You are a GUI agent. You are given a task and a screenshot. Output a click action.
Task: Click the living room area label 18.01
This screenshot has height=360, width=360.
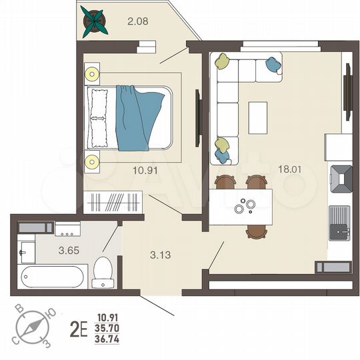[291, 170]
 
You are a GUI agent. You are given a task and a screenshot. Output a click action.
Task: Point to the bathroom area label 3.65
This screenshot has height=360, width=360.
[49, 251]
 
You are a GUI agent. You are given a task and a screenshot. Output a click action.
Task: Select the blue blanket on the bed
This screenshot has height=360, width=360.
[138, 117]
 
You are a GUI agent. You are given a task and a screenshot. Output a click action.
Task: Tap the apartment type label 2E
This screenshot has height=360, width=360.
[79, 329]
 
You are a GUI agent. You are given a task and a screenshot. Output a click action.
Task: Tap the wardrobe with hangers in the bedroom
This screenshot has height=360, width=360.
[113, 201]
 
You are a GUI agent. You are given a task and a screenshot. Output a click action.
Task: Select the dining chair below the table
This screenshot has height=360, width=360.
[256, 231]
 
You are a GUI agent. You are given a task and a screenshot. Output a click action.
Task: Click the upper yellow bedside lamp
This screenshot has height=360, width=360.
[92, 73]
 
